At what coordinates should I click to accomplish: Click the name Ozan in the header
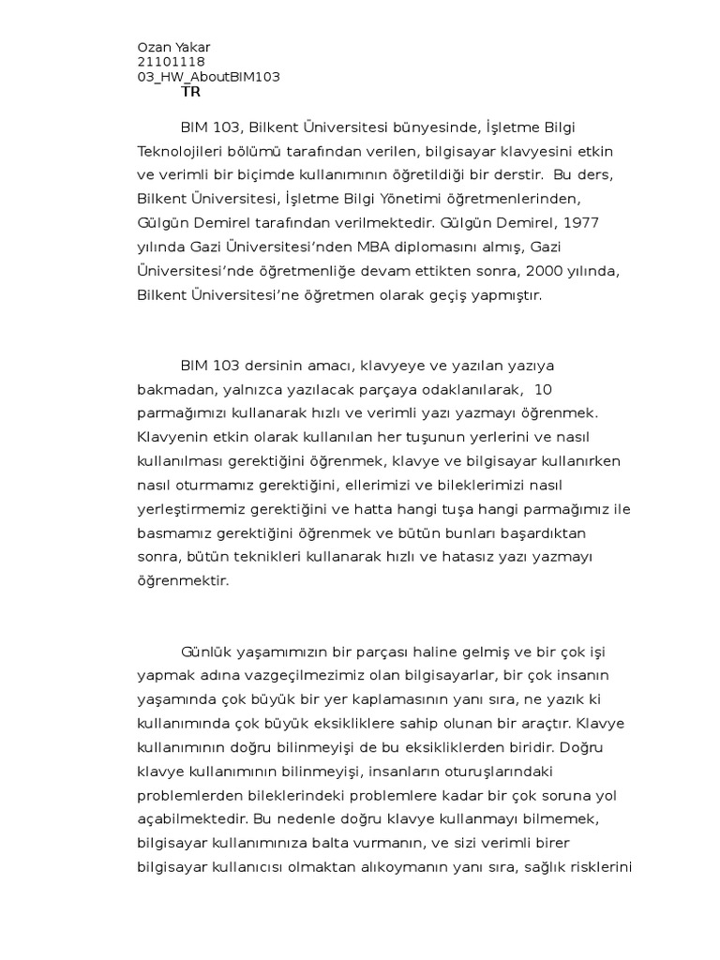click(x=154, y=48)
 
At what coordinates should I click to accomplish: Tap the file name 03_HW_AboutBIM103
click(x=208, y=77)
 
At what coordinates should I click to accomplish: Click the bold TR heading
click(x=190, y=92)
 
